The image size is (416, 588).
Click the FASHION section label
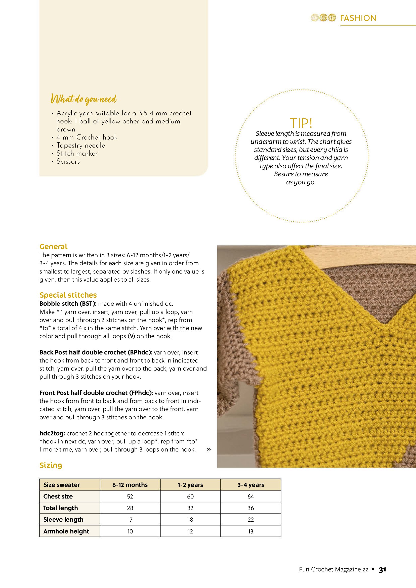coord(358,18)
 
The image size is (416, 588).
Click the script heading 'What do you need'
coord(84,99)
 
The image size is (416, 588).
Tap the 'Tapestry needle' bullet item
coord(81,146)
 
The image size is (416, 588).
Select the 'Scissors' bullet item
coord(68,162)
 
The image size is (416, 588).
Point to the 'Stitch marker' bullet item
coord(77,153)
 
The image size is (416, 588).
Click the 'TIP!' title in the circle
coord(301,123)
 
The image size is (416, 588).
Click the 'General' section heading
coord(53,246)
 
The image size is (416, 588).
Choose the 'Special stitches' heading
coord(68,295)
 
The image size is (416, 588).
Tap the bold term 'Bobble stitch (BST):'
coord(68,303)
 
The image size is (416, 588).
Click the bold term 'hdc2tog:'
coord(52,433)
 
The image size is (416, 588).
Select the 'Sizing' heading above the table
coord(51,465)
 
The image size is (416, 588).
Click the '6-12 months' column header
coord(130,485)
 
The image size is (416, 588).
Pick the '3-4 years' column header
coord(251,485)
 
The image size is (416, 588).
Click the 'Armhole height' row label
coord(66,531)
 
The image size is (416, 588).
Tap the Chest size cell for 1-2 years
coord(190,496)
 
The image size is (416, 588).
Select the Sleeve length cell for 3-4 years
coord(251,520)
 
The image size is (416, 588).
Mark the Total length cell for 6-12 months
coord(130,508)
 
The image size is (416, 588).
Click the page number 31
coord(382,570)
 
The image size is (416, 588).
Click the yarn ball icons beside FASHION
coord(323,18)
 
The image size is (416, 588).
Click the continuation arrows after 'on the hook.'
coord(209,449)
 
